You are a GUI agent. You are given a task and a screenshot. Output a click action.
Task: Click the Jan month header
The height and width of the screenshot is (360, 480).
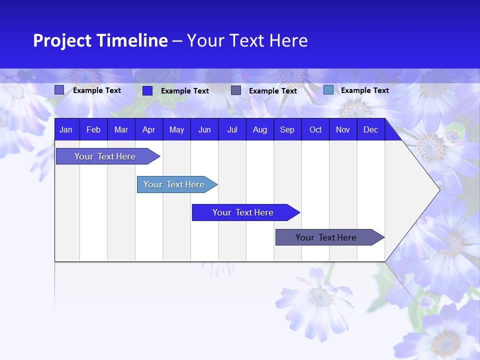click(66, 130)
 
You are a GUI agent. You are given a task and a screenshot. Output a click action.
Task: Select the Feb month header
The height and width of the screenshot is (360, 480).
click(93, 130)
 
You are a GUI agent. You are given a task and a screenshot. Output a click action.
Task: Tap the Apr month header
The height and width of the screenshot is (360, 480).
click(148, 130)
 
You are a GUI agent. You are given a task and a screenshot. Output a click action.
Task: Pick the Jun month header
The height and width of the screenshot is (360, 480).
click(204, 130)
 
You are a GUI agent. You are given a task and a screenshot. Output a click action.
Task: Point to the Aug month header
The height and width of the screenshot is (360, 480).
click(259, 130)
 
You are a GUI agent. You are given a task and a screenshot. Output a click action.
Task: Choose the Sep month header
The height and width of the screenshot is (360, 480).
click(287, 130)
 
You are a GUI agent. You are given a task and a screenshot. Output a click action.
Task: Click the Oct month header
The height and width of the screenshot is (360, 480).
click(315, 130)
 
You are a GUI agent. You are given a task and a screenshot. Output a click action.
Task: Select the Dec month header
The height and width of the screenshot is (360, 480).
click(370, 130)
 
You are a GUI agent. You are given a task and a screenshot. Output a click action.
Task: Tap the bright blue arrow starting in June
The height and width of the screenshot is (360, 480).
click(243, 212)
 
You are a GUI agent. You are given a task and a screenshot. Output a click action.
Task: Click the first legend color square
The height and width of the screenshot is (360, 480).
click(59, 90)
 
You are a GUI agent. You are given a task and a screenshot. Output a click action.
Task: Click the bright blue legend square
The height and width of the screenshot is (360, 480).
click(147, 90)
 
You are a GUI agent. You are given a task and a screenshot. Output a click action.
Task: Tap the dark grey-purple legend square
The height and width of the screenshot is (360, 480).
click(236, 90)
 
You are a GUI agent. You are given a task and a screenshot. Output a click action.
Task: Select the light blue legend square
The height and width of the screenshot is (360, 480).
click(328, 90)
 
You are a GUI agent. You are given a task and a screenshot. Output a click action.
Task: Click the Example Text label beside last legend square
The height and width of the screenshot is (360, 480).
click(364, 90)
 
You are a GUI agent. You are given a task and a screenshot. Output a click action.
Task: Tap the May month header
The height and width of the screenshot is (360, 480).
click(176, 130)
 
